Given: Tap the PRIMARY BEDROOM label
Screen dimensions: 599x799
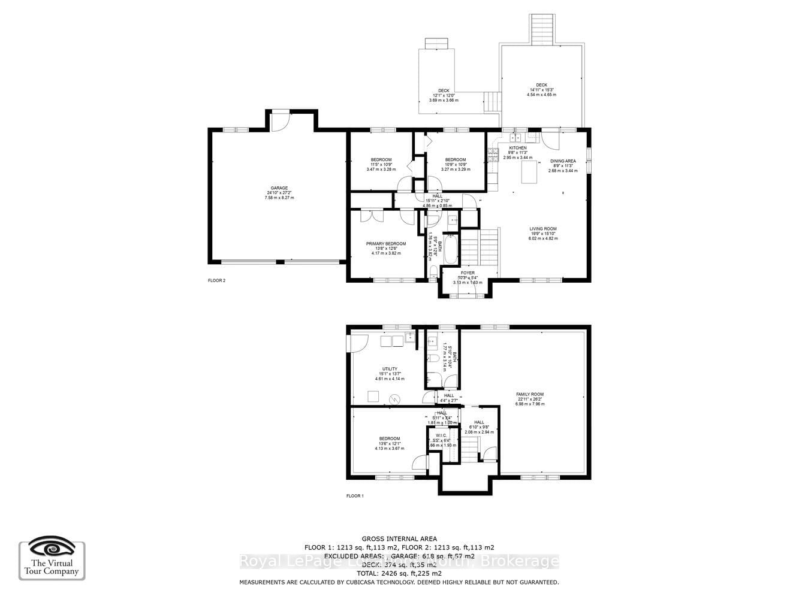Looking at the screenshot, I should (x=386, y=244).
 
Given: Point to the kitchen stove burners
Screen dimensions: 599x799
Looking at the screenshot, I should (x=493, y=156).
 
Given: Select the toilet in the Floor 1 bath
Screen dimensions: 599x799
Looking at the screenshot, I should (x=432, y=358).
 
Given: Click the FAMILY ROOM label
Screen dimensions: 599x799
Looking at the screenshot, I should (x=530, y=395).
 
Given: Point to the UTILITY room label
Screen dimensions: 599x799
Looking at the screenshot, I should (x=390, y=370).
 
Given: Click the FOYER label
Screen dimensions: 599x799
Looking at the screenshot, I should (x=468, y=273).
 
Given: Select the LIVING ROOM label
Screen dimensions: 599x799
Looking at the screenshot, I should (x=542, y=229).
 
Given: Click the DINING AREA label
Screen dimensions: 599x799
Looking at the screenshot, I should (x=563, y=161).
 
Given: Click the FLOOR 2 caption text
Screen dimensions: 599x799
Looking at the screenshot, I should (x=216, y=280).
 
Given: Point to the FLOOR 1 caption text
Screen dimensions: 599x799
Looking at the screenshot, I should (x=355, y=496).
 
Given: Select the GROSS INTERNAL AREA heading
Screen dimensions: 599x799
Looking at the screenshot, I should (x=399, y=539).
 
